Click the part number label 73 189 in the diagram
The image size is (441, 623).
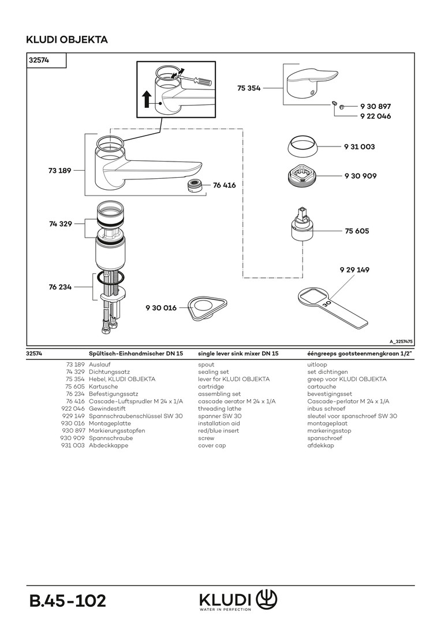tap(59, 170)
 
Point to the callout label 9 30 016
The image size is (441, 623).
tap(161, 307)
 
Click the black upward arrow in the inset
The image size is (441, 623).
tap(147, 99)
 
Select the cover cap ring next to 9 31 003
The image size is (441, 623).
tap(302, 147)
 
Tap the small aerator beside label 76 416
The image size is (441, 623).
tap(196, 185)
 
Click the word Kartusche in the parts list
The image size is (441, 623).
tap(103, 386)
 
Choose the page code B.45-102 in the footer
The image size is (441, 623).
tap(68, 601)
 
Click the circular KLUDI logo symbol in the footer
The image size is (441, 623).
tap(267, 599)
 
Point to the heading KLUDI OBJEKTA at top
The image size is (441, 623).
tap(67, 40)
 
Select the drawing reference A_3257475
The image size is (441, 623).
tap(401, 341)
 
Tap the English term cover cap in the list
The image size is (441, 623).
tap(212, 445)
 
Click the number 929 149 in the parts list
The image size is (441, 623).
tap(73, 416)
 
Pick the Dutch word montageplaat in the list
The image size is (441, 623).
tap(327, 423)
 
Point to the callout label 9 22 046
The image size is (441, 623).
tap(375, 116)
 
